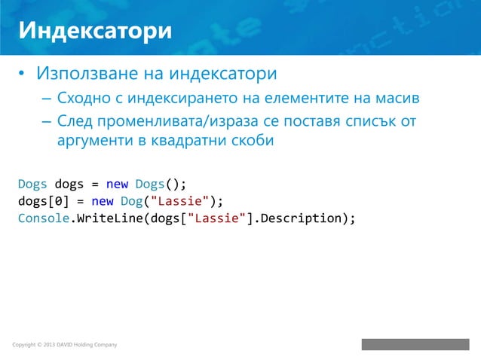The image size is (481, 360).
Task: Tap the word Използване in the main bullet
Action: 84,75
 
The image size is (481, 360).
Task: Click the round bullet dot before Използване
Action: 23,75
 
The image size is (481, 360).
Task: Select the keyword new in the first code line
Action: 117,184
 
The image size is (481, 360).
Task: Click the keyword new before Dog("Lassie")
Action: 103,201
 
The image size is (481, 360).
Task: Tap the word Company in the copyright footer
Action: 103,346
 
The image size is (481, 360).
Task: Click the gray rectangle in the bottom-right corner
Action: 415,344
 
